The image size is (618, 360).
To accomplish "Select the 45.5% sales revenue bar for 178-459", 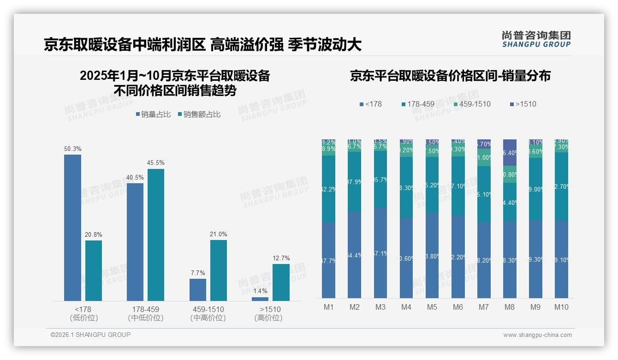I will point(156,235).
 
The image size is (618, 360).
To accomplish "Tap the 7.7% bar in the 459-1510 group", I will point(198,290).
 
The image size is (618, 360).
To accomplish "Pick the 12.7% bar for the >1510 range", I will point(281,282).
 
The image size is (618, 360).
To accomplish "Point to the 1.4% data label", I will point(260,291).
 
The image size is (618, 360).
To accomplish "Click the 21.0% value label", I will point(219,234).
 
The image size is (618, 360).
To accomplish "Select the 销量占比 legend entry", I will point(155,114).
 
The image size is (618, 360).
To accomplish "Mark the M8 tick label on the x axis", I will point(510,307).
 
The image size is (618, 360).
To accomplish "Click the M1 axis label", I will point(328,307).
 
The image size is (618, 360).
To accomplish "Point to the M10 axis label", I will point(561,307).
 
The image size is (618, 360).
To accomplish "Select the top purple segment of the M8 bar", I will point(510,152).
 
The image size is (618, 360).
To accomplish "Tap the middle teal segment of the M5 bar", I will point(432,185).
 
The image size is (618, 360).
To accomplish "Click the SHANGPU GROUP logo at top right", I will point(536,39).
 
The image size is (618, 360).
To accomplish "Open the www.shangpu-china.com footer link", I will point(537,335).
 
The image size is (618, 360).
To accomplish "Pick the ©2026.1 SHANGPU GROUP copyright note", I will point(90,335).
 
